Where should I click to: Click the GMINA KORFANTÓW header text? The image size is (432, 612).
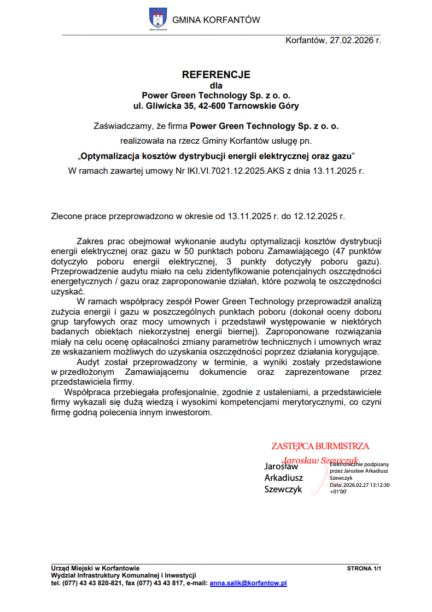pos(216,20)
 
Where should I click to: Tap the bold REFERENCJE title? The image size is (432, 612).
pos(216,74)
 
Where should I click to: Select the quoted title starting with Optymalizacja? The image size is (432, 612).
pos(217,156)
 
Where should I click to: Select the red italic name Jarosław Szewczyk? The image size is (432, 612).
pos(319,460)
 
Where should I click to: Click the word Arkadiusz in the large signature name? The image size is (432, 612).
pos(283,478)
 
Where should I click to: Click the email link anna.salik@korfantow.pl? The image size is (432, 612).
pos(248,583)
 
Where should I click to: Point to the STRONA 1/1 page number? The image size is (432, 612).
pos(364,568)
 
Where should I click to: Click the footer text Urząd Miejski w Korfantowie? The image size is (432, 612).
pos(95,568)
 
